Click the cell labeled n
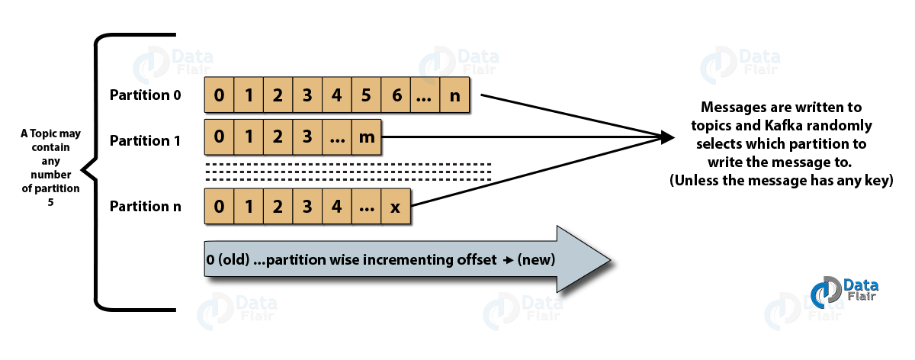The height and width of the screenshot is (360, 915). point(454,96)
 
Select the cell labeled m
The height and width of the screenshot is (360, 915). point(367,137)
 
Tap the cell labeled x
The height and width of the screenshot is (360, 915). point(395,207)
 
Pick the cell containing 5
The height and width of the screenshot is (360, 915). point(366,96)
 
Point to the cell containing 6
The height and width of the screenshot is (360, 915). point(396,96)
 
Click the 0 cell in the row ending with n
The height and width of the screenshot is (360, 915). point(220,96)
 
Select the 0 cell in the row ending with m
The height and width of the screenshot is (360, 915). point(220,137)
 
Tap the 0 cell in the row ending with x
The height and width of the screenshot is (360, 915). point(220,207)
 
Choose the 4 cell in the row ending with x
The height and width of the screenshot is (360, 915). point(336,207)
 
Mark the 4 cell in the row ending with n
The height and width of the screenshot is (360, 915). point(336,96)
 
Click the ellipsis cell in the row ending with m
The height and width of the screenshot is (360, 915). point(336,137)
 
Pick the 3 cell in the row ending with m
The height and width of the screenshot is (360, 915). point(307,137)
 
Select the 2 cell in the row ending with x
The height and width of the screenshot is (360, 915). point(278,207)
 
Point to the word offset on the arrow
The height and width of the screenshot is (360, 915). point(475,260)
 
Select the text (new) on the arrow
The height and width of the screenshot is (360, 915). point(535,260)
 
